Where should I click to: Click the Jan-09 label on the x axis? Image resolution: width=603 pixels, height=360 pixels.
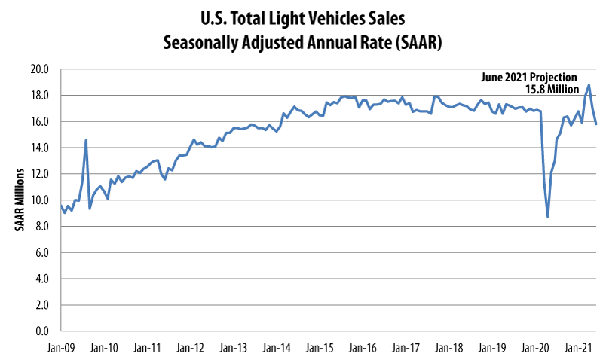pyautogui.click(x=61, y=349)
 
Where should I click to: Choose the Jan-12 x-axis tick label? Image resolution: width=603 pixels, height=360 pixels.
pyautogui.click(x=190, y=349)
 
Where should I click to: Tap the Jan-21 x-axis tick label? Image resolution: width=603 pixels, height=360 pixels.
pyautogui.click(x=578, y=349)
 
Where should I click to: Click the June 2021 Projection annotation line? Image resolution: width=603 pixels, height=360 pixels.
pyautogui.click(x=529, y=77)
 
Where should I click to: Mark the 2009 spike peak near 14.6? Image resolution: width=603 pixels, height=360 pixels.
pyautogui.click(x=86, y=140)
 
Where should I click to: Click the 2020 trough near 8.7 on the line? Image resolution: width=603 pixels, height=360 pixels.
pyautogui.click(x=548, y=217)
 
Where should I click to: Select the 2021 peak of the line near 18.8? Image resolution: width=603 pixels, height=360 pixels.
pyautogui.click(x=589, y=85)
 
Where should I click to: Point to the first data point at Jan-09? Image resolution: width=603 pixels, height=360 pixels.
pyautogui.click(x=61, y=206)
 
